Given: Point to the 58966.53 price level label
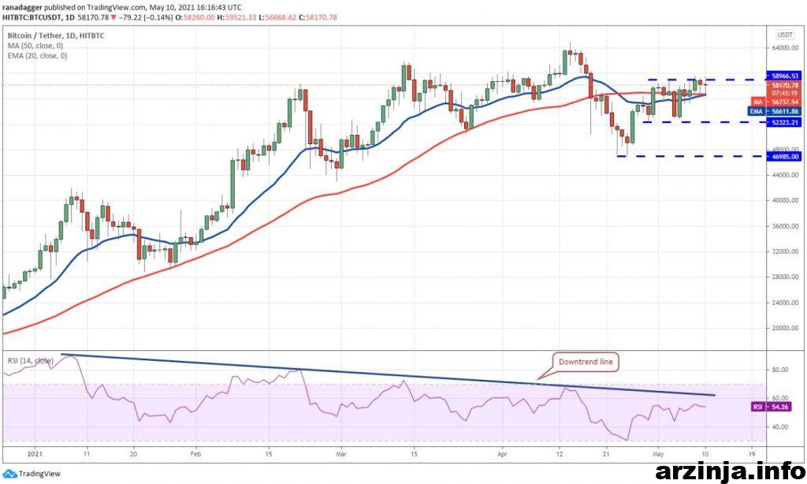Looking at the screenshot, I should click(785, 76).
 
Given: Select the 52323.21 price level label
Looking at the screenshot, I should click(785, 122).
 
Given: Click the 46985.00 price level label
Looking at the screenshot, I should click(785, 156).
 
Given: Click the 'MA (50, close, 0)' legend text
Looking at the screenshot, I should click(36, 46).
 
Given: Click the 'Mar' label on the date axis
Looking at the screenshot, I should click(340, 454).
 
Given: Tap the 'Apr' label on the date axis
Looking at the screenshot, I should click(503, 454).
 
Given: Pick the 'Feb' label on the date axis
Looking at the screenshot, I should click(196, 454).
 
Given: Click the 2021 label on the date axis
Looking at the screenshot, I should click(34, 454).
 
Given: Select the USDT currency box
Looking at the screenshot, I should click(785, 35).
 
